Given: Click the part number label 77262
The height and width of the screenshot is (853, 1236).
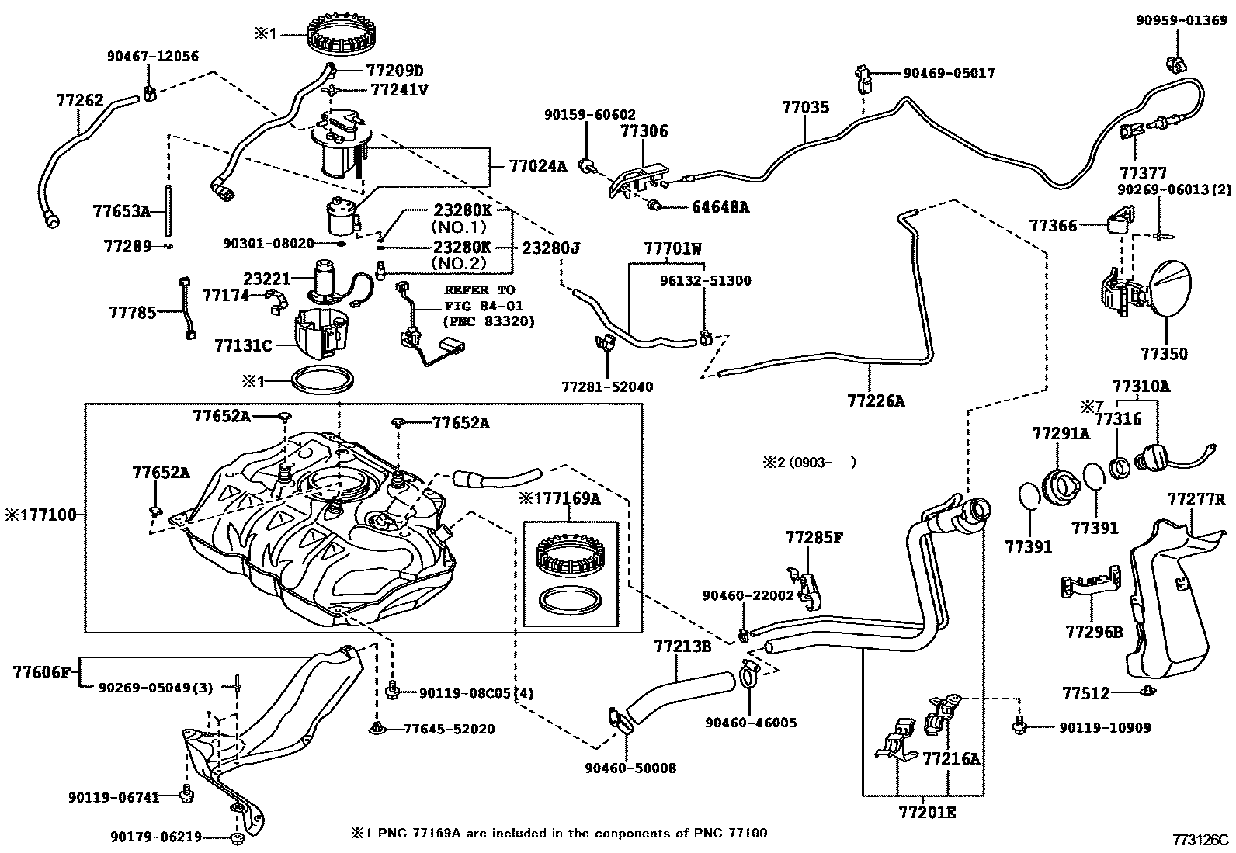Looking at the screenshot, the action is click(x=80, y=100).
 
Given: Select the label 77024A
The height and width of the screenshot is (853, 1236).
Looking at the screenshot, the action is click(x=537, y=166).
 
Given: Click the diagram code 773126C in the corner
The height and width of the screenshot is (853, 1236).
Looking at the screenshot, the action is click(x=1201, y=841).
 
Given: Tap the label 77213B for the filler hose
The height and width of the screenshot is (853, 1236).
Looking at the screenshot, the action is click(x=682, y=646).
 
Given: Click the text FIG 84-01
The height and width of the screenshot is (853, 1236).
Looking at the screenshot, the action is click(x=484, y=306).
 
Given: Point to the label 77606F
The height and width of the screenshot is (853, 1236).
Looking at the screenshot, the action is click(x=41, y=673).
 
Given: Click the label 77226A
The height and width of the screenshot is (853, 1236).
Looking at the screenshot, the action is click(x=877, y=401).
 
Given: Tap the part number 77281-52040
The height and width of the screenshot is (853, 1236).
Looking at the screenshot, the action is click(x=607, y=387).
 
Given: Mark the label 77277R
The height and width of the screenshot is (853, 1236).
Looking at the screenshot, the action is click(x=1196, y=499).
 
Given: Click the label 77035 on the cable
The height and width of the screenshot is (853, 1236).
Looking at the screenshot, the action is click(x=806, y=108).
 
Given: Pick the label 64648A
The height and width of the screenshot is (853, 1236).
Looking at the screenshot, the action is click(x=720, y=207).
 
